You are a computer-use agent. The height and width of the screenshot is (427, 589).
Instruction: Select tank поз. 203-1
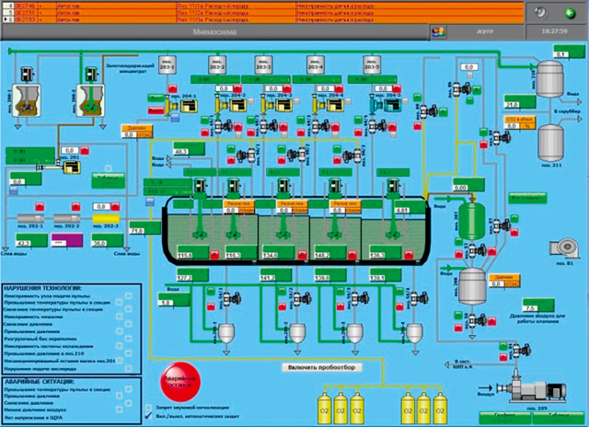(x=167, y=66)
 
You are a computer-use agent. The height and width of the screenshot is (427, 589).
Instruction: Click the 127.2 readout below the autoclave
(x=185, y=277)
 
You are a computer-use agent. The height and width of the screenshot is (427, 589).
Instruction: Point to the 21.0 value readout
(x=513, y=106)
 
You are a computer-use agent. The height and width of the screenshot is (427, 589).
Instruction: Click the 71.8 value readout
(x=138, y=230)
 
